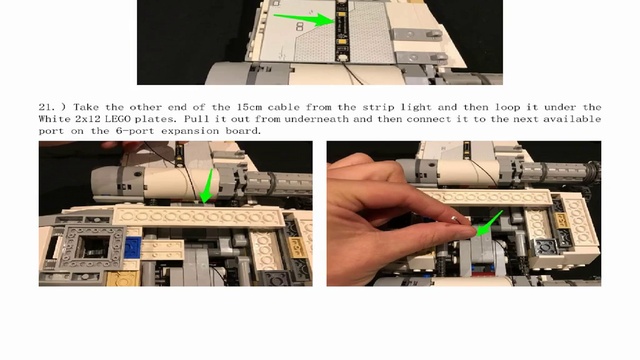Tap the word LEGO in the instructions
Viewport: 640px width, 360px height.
118,119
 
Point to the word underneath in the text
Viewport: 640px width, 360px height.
316,119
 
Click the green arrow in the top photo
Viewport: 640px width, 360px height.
304,19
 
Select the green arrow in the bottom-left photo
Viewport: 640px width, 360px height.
208,186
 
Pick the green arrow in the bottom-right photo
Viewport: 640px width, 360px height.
490,223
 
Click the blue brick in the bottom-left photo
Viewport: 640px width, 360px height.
133,246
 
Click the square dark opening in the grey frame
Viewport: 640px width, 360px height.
93,246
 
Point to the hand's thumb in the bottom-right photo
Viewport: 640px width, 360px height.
424,238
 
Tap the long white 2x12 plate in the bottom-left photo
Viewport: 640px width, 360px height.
198,216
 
